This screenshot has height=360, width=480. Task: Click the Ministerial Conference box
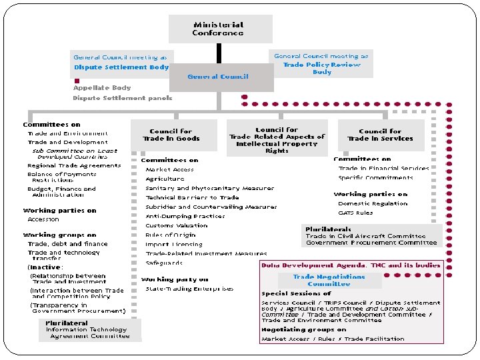(220, 29)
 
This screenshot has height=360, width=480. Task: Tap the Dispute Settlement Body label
(121, 67)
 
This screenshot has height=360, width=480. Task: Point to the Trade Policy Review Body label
(321, 68)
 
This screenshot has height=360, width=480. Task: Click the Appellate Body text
(102, 88)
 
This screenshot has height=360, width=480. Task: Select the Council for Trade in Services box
(380, 135)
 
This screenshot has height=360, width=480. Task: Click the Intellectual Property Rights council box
(277, 140)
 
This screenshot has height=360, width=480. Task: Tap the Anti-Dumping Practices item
(185, 216)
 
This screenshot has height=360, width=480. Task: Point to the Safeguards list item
(164, 263)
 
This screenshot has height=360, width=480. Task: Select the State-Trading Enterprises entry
(189, 289)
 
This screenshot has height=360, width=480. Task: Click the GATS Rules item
(355, 213)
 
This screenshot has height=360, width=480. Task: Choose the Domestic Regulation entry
(373, 203)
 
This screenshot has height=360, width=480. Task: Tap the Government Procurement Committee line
(371, 243)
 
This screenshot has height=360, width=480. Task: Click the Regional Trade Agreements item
(74, 165)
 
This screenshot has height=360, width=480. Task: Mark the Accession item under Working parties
(43, 219)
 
